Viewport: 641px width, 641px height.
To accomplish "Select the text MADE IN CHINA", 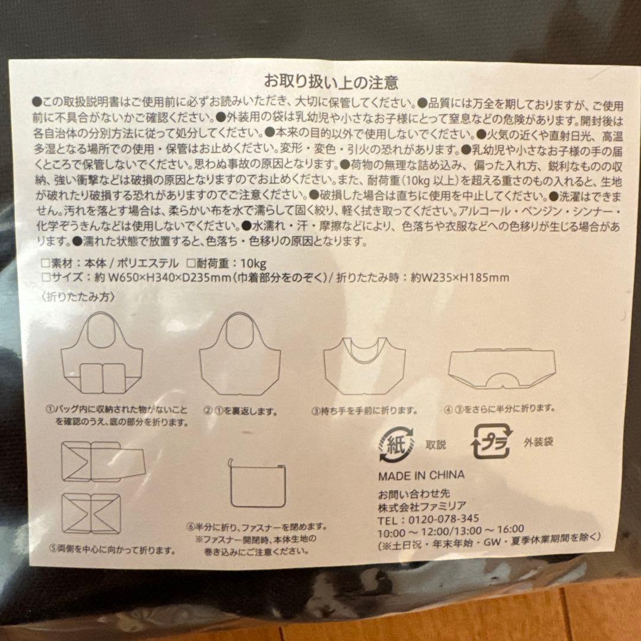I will click(x=421, y=475).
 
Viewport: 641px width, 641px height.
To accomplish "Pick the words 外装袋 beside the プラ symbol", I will click(x=539, y=442).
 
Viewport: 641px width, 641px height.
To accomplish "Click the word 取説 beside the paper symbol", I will click(x=435, y=445).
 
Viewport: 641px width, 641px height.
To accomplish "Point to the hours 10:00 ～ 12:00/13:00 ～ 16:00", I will click(x=451, y=528).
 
